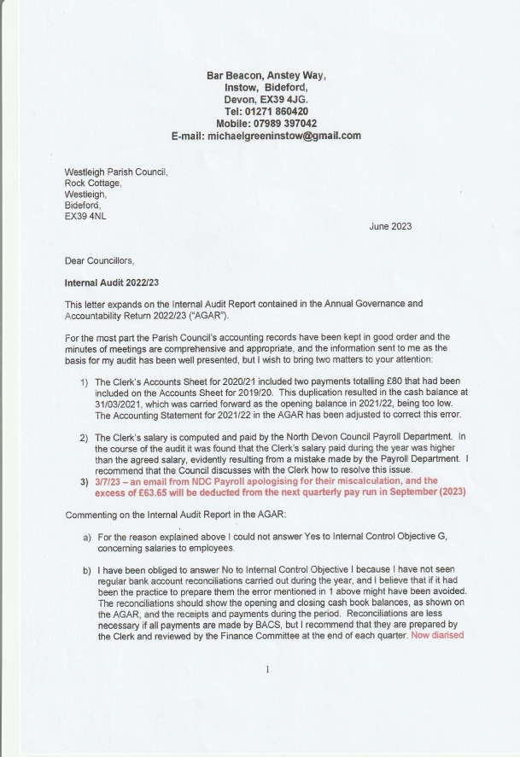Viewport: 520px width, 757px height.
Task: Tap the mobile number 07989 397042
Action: pos(287,123)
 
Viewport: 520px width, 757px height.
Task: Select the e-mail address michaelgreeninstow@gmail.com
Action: pos(295,135)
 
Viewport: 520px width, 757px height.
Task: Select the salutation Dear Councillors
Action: pos(99,260)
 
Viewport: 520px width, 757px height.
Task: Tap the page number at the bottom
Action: pos(268,669)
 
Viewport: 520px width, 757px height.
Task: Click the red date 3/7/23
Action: pos(109,480)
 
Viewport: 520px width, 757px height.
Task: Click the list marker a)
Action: pos(86,537)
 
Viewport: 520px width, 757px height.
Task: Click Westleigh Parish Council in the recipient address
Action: pos(116,172)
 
